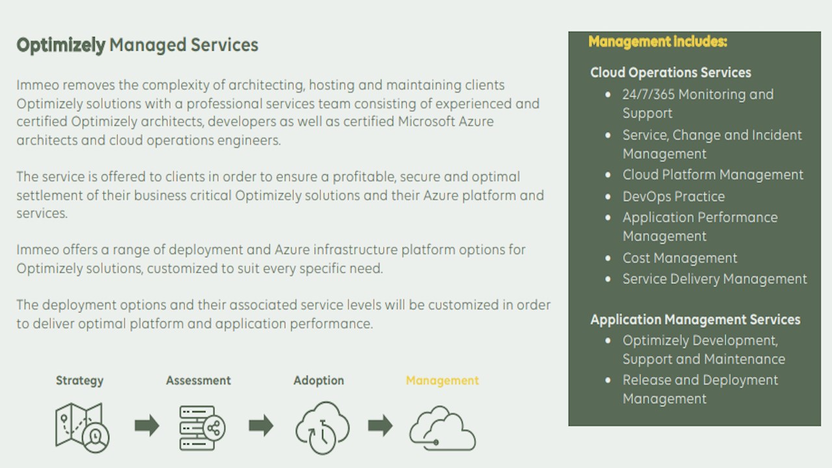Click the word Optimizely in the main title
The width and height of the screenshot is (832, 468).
(x=61, y=45)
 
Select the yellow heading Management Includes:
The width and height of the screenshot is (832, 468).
(x=658, y=42)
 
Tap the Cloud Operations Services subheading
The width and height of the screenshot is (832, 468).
(x=670, y=72)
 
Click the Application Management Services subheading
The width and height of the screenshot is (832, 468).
(x=695, y=319)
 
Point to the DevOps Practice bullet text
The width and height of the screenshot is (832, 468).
(x=673, y=196)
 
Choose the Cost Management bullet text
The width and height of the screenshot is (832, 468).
(x=680, y=258)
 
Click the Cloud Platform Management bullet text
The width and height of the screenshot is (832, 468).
(x=713, y=175)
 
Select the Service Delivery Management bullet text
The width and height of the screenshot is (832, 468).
(x=714, y=279)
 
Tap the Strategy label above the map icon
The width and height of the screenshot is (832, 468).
(x=79, y=381)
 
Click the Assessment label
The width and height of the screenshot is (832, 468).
(x=198, y=380)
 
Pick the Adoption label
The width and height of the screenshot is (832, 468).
(x=318, y=380)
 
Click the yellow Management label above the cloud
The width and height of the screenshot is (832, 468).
(x=442, y=381)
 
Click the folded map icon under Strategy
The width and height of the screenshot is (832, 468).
(x=82, y=428)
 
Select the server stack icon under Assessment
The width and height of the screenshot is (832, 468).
(x=202, y=428)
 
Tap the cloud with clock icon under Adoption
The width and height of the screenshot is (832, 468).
(x=322, y=428)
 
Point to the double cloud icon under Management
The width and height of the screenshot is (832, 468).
(x=443, y=428)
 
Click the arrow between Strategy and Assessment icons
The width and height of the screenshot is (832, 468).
(x=147, y=425)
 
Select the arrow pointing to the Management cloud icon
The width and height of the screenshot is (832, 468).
(x=380, y=425)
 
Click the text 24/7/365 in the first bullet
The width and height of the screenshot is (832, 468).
(x=649, y=94)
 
